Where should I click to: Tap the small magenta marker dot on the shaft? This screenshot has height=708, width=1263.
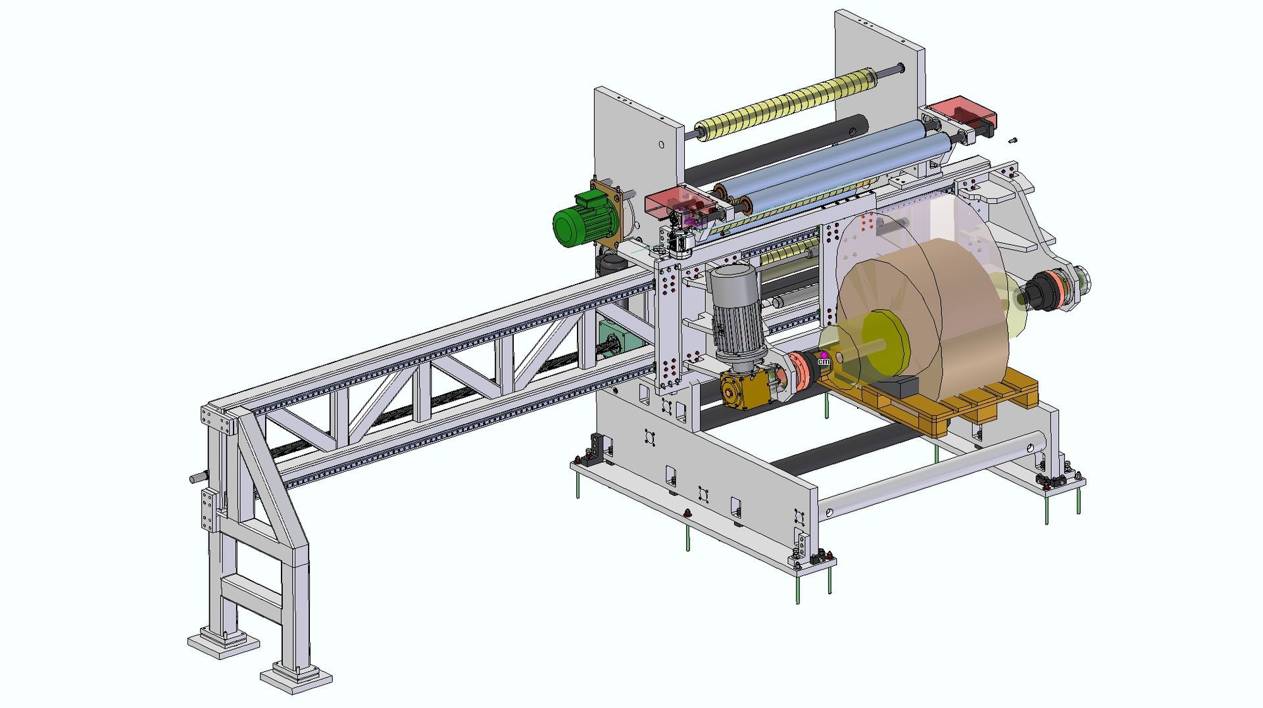pos(823,355)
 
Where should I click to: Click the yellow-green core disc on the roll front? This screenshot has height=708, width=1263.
pos(885,342)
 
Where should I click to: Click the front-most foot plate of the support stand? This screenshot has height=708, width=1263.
pos(296,677)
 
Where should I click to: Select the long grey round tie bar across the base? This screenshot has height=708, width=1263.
pos(934,473)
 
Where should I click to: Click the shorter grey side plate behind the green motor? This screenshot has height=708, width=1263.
pos(635,145)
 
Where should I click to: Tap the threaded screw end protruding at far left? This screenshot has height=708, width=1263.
pos(195,477)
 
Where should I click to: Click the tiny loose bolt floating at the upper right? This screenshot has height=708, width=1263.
pos(1013,140)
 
